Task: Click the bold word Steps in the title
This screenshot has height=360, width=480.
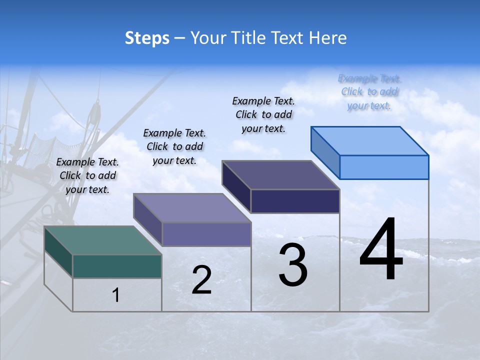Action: [147, 38]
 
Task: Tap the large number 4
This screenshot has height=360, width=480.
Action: [381, 250]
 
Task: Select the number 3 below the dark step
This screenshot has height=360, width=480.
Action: [293, 265]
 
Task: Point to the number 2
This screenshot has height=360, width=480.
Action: [201, 280]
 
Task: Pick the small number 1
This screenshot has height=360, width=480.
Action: [116, 295]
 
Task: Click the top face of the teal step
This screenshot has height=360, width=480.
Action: [103, 240]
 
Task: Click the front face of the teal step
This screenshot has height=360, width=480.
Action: [117, 266]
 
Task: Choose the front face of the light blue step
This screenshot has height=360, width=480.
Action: [384, 167]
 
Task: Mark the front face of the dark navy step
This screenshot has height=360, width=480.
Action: [295, 201]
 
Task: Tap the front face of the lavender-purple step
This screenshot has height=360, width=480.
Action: [206, 234]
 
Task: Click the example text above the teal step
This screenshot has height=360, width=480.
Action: [87, 175]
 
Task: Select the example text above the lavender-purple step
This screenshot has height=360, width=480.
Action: [174, 146]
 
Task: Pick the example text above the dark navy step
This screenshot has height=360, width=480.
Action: [263, 114]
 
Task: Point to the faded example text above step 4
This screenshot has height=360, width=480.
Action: [369, 92]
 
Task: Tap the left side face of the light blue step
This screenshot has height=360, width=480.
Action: [325, 152]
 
